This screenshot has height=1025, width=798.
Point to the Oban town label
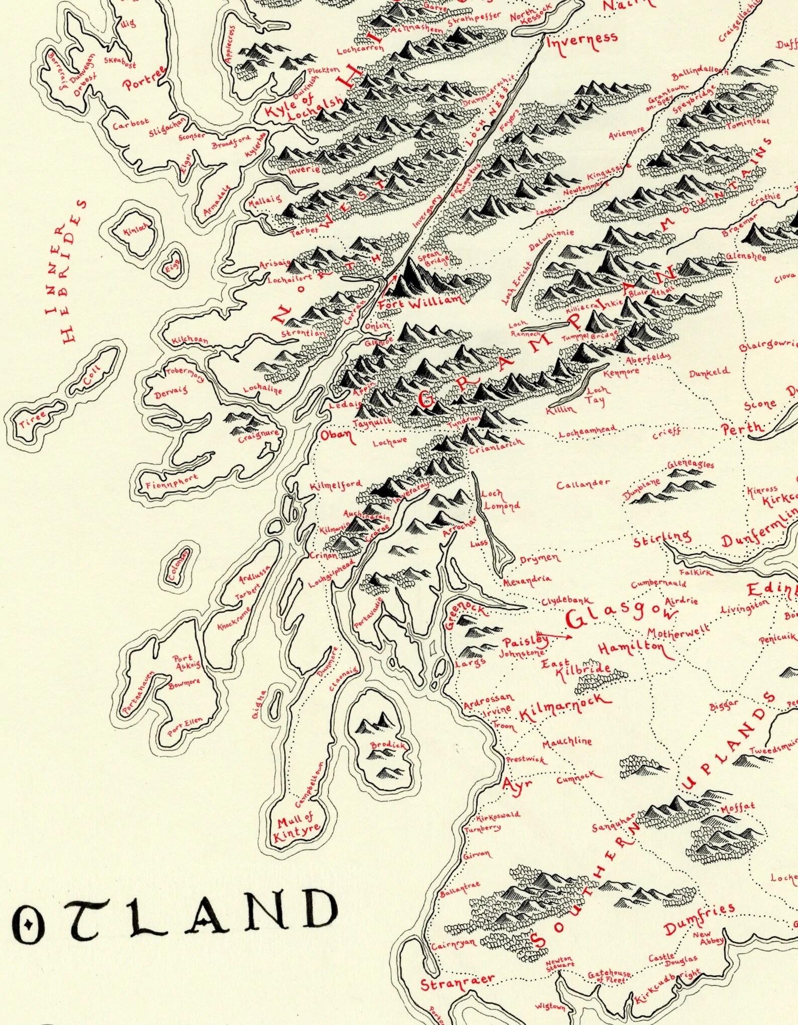click(336, 435)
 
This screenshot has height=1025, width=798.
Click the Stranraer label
click(457, 983)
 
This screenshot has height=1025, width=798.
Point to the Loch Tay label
click(597, 395)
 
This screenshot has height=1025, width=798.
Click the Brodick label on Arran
click(387, 745)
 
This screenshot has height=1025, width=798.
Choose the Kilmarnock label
click(565, 708)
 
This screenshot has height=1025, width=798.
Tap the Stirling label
click(661, 539)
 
